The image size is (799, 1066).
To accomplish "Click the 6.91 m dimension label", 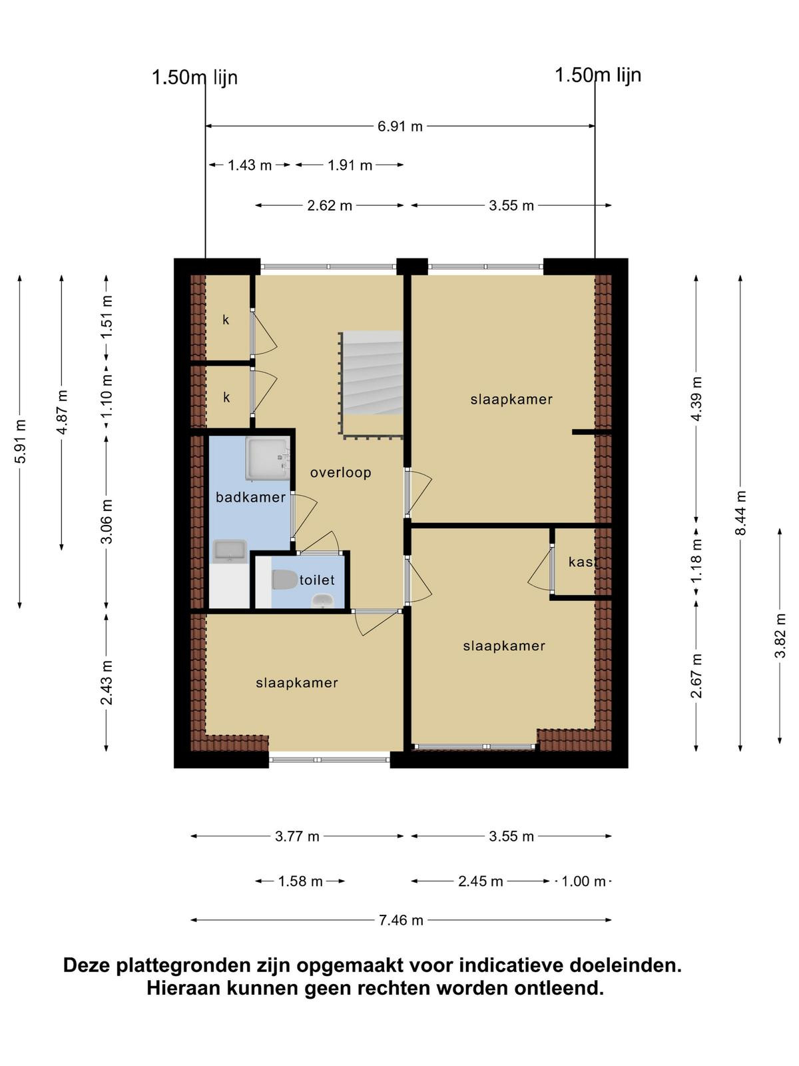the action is tap(400, 127).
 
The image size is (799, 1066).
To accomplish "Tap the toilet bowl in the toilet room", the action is tap(284, 580).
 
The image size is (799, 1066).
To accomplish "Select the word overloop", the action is tap(340, 472).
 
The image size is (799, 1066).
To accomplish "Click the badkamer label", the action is tap(250, 497).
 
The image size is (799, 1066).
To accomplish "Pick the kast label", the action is tap(582, 562).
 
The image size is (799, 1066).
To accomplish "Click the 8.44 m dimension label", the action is tap(740, 512).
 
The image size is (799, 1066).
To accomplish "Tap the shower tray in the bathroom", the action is tap(267, 459).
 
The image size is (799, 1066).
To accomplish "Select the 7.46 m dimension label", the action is tap(401, 920).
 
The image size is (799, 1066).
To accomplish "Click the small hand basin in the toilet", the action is tap(323, 601).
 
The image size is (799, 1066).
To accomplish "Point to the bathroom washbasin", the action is tap(230, 551).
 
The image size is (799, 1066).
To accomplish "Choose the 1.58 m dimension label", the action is tap(300, 881).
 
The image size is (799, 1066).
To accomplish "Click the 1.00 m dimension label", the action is tap(583, 881).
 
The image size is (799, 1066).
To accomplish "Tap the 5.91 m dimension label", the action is tap(20, 441).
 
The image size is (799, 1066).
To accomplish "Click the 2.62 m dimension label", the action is tap(330, 205).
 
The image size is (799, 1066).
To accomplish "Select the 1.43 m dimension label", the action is tap(249, 165).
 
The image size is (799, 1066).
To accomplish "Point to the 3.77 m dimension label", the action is tap(297, 836).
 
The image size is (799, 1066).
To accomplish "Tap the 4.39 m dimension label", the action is tap(696, 398).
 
